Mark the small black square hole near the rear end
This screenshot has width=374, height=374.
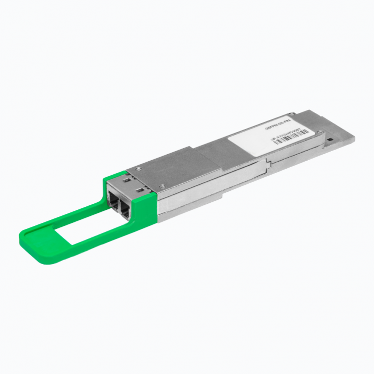330,138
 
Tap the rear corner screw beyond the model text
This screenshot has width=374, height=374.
293,114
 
